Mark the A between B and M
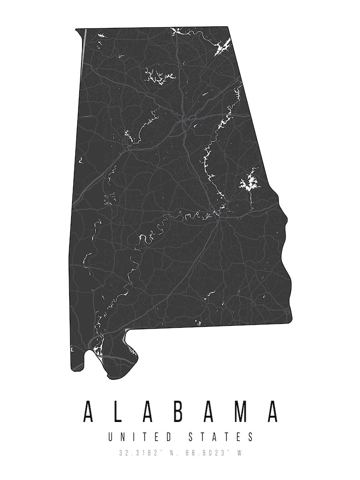pyautogui.click(x=210, y=411)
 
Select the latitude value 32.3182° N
pyautogui.click(x=146, y=452)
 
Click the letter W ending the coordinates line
pyautogui.click(x=239, y=452)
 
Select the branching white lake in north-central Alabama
pyautogui.click(x=158, y=75)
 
